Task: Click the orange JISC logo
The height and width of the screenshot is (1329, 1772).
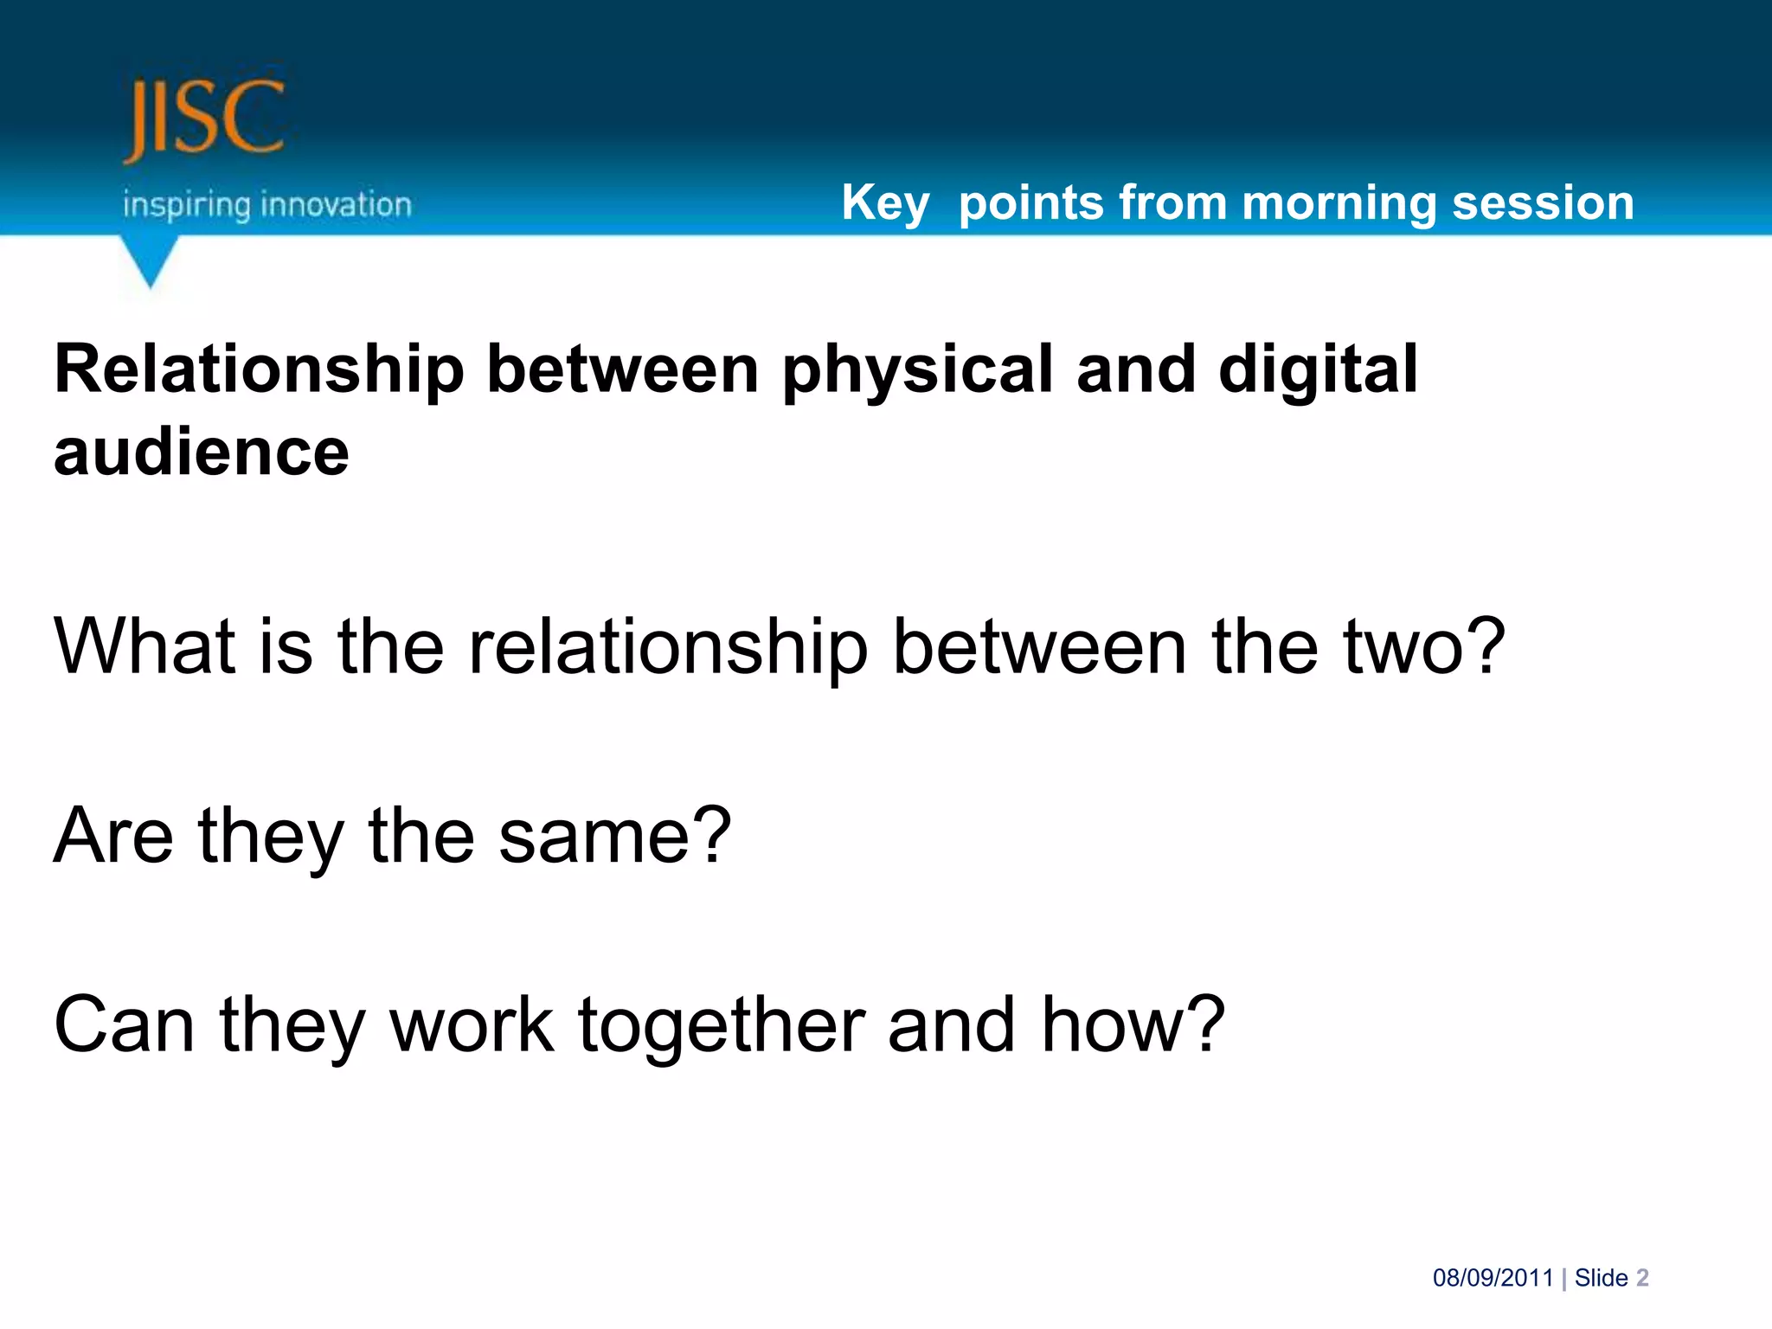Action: [x=204, y=119]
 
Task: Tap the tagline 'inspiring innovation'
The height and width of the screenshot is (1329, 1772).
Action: [x=266, y=205]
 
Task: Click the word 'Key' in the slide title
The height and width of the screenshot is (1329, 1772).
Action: [x=884, y=203]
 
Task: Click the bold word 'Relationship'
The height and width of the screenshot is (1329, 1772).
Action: [x=259, y=370]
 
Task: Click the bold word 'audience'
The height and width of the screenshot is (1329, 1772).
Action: [x=201, y=453]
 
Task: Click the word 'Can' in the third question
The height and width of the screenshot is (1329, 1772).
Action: [x=124, y=1024]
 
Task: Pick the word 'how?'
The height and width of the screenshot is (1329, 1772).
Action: [x=1133, y=1024]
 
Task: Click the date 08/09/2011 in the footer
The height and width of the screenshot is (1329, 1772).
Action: [x=1493, y=1278]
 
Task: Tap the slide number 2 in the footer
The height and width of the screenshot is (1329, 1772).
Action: [x=1642, y=1278]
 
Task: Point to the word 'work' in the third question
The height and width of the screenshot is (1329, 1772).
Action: [x=472, y=1024]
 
